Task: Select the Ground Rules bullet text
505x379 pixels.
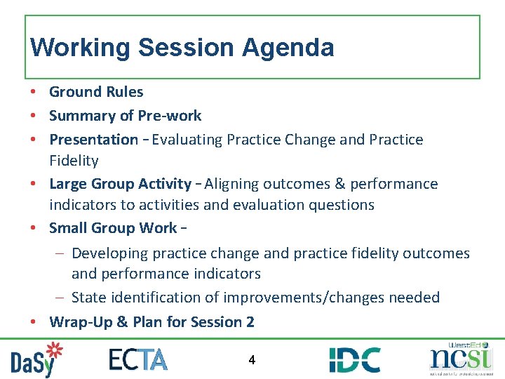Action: (96, 92)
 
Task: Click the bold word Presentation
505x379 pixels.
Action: (93, 140)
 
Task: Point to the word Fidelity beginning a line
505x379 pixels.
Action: (74, 161)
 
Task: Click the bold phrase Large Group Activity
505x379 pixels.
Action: (120, 184)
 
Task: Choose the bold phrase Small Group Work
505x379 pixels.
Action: (113, 228)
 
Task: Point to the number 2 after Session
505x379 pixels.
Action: (250, 322)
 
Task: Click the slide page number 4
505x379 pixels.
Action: (252, 360)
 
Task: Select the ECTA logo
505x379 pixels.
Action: (138, 359)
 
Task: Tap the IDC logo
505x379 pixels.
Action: (355, 359)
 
